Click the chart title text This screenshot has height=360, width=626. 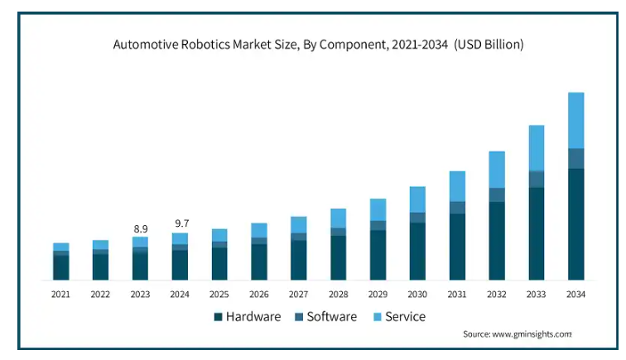318,45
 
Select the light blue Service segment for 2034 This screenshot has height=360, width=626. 575,120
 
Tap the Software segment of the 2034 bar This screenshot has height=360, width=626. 575,158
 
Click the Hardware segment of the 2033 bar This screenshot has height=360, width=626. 537,233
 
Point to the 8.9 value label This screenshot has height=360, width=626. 141,229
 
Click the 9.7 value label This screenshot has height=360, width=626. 182,223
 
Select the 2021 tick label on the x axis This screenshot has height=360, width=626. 60,295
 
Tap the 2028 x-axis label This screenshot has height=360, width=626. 338,295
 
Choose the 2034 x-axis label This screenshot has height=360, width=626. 575,295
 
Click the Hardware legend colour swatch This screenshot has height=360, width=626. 218,317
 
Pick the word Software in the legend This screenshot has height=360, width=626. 332,317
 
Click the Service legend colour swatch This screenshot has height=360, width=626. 378,317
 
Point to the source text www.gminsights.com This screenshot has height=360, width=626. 532,334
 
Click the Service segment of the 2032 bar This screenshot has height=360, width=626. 497,170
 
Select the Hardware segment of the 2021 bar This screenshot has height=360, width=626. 61,267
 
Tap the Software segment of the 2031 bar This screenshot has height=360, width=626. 457,208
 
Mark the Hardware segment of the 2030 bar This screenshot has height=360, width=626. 417,251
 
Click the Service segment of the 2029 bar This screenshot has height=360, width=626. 378,210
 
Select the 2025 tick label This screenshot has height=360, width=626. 219,295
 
